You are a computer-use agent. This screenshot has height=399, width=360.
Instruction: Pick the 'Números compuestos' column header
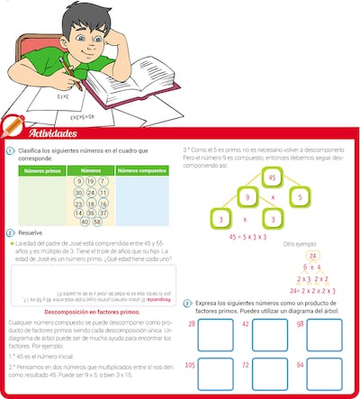click(144, 169)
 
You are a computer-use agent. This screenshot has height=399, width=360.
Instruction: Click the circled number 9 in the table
click(80, 181)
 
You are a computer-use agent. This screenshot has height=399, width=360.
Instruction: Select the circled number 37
click(98, 212)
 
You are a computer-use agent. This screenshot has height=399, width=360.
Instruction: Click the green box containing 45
click(268, 177)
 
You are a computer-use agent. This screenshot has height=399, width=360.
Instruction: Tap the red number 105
click(190, 365)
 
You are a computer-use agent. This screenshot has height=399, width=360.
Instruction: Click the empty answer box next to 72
click(277, 377)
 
